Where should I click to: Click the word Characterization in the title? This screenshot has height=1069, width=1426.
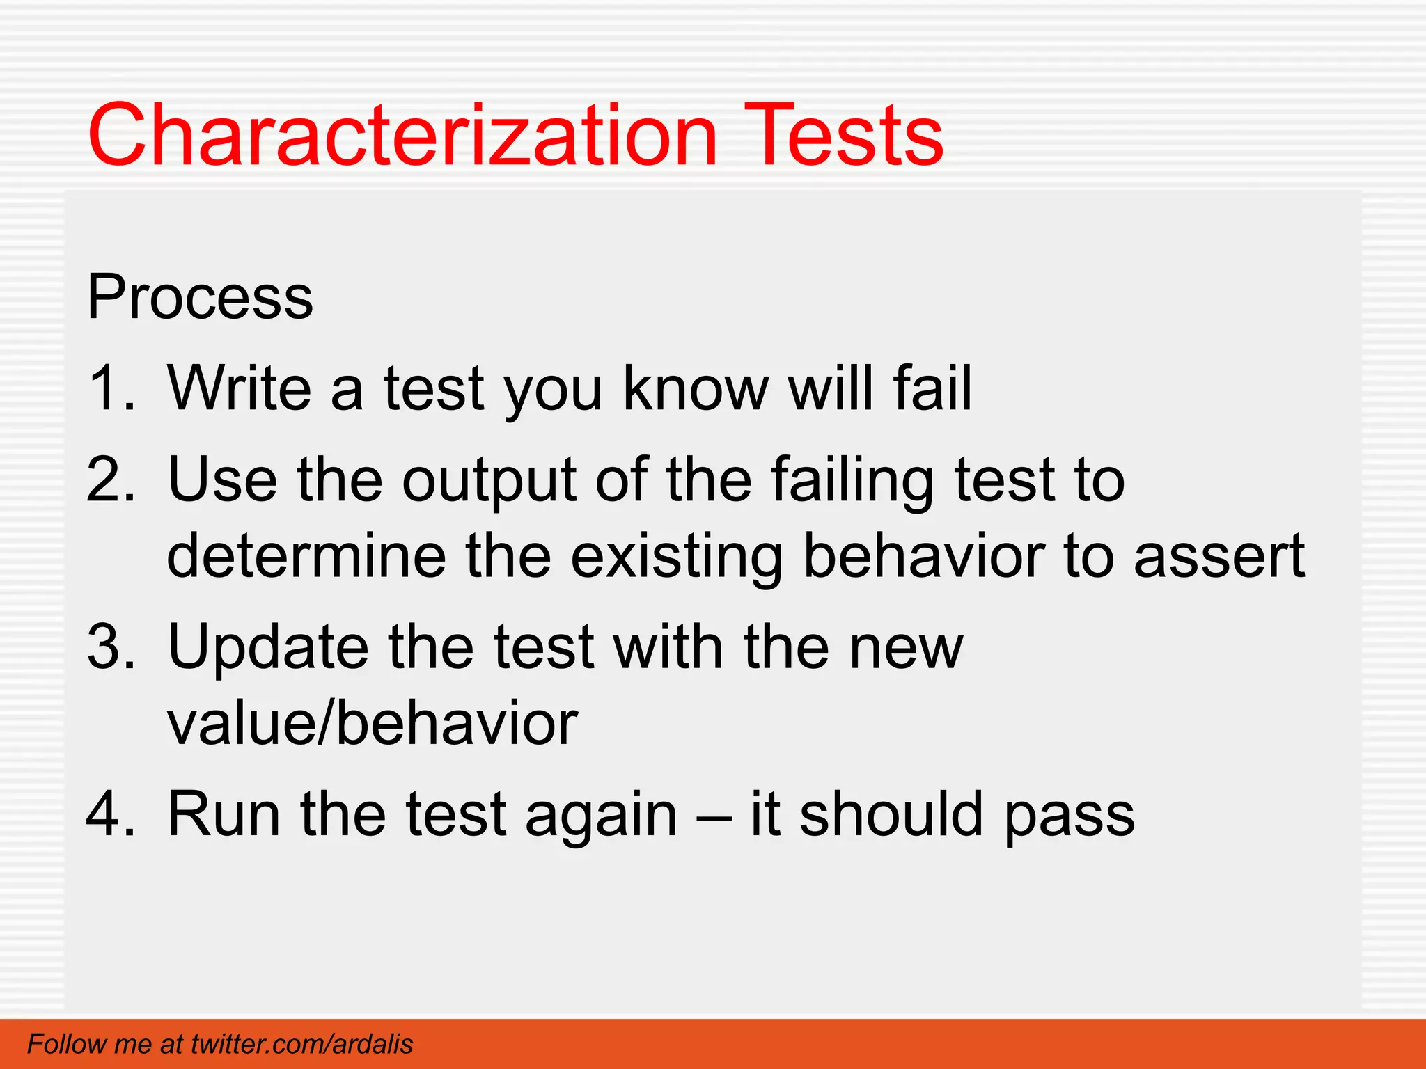[402, 136]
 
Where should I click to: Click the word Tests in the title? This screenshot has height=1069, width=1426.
[843, 136]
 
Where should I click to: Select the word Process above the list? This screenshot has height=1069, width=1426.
[200, 298]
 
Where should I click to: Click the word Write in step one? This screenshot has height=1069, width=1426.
[240, 388]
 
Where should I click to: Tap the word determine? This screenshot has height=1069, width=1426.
[306, 556]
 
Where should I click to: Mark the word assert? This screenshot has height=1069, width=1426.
[1219, 557]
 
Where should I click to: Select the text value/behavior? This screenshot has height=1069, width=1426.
[373, 724]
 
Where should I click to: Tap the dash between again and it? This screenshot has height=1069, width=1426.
[713, 816]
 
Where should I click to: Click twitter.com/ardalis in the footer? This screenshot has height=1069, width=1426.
[301, 1045]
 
